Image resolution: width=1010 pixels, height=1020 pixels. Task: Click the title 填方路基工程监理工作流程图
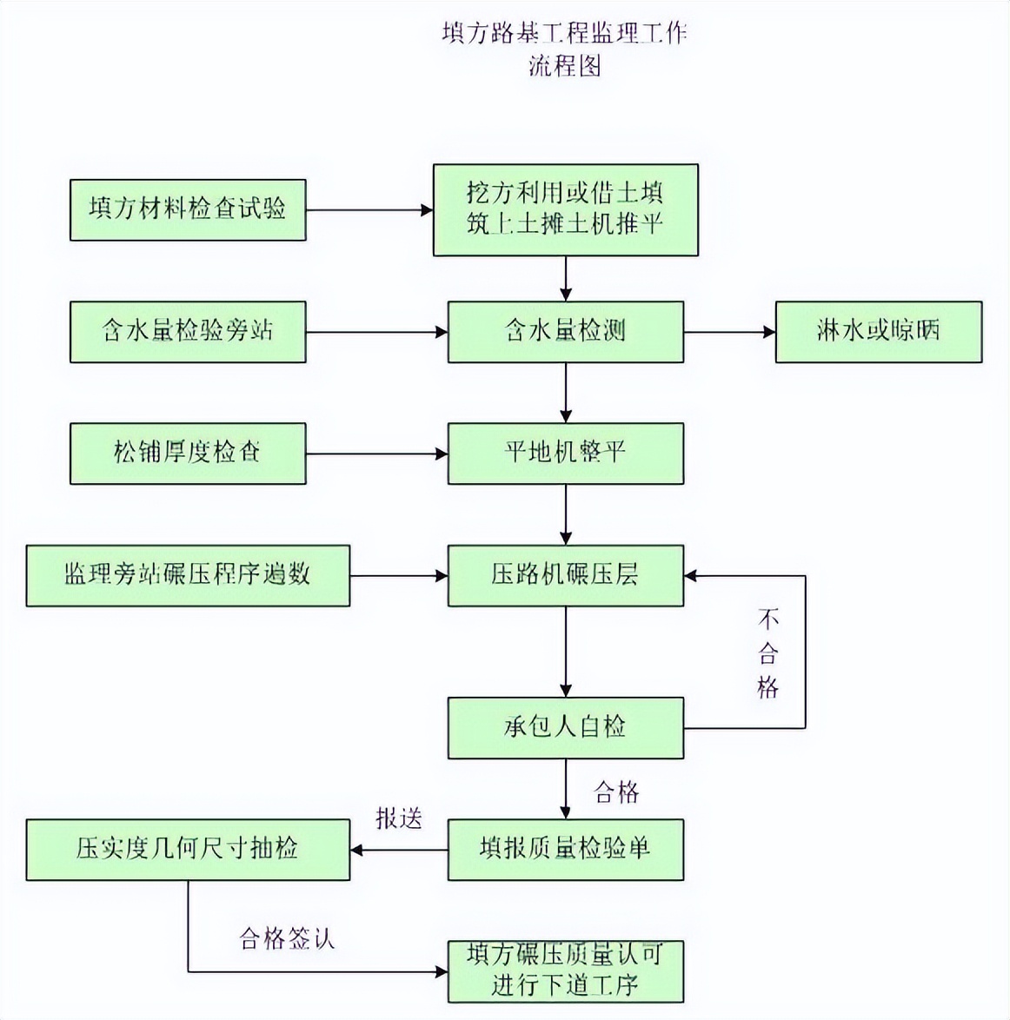[x=564, y=50]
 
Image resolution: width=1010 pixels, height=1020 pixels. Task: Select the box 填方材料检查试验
[x=188, y=209]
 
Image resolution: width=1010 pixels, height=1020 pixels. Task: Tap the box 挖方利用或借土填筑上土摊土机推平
[x=565, y=209]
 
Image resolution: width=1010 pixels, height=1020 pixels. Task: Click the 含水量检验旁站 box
[x=188, y=331]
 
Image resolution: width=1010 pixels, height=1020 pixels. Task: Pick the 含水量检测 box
[x=565, y=331]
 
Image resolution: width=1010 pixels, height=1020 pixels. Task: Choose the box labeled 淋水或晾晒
[x=878, y=331]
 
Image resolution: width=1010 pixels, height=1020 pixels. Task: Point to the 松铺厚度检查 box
[x=188, y=453]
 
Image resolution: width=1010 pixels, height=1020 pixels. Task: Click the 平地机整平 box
[x=565, y=453]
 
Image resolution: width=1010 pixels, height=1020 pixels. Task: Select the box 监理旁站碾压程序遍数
[x=188, y=575]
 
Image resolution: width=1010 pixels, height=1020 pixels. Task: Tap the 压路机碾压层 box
[x=565, y=575]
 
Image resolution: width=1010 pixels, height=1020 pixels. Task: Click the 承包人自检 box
[x=565, y=727]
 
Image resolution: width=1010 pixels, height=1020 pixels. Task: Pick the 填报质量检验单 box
[x=565, y=849]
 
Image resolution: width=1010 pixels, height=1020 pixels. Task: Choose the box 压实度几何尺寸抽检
[x=188, y=849]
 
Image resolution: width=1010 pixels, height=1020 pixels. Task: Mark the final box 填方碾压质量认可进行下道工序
[x=565, y=970]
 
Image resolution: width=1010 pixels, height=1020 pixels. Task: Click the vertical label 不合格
[x=767, y=653]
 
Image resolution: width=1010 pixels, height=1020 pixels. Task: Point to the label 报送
[x=399, y=818]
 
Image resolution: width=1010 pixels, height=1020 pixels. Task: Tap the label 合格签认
[x=287, y=938]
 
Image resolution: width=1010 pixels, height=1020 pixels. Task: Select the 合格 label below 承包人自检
[x=616, y=791]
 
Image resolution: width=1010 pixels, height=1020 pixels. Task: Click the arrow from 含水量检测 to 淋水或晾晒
[x=729, y=332]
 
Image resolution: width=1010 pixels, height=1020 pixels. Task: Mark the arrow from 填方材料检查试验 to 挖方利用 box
[x=369, y=210]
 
